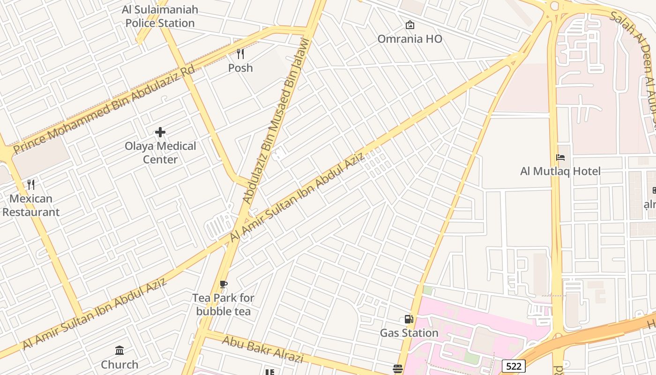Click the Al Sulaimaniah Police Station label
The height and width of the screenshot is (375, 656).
[x=160, y=16]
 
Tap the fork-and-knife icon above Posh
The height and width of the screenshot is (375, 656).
[x=240, y=54]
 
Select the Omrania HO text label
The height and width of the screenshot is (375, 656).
[x=410, y=39]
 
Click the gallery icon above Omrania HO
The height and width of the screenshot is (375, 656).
[x=410, y=25]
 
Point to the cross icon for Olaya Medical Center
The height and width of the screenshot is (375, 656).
[x=160, y=132]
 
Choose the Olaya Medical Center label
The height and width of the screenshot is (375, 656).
[x=160, y=153]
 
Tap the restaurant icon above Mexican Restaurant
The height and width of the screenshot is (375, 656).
[x=31, y=184]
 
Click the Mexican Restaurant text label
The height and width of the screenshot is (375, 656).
[x=31, y=205]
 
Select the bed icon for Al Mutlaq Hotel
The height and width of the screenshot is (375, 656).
[x=560, y=157]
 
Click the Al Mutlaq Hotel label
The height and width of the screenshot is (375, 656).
[x=560, y=171]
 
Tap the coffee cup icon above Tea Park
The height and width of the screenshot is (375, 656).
[x=224, y=284]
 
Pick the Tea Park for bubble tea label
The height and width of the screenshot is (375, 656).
[x=224, y=305]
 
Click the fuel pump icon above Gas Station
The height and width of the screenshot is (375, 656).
[x=409, y=319]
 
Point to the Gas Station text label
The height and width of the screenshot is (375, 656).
[x=409, y=333]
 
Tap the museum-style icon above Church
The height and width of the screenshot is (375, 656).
[x=119, y=351]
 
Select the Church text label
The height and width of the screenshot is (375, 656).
[x=119, y=364]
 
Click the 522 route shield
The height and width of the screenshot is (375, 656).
[x=514, y=366]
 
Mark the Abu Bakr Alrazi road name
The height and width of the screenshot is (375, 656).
[x=262, y=349]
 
